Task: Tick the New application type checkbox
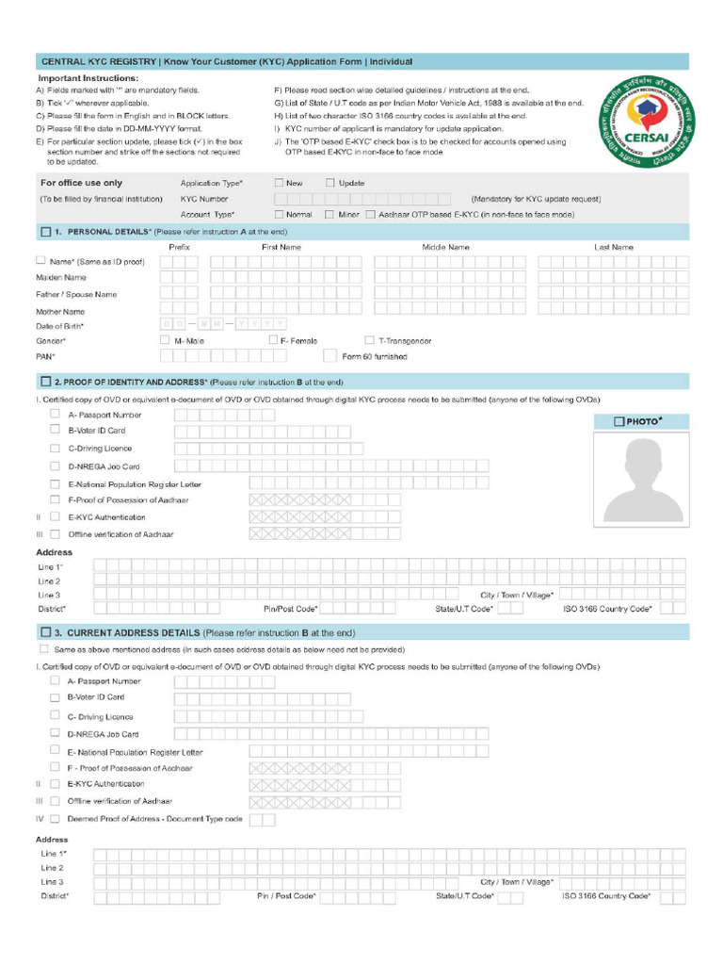point(280,183)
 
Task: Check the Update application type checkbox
point(330,183)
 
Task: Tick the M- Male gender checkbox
point(166,340)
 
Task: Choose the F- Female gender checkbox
point(274,340)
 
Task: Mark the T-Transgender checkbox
point(370,340)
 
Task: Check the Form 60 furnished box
point(329,356)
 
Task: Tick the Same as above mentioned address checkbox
point(44,649)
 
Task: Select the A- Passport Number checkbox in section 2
point(55,414)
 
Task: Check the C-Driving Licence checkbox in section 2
point(55,448)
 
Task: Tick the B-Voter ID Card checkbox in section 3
point(55,697)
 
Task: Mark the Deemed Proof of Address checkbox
point(55,819)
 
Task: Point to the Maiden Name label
point(61,278)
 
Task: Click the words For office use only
point(81,183)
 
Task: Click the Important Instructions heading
point(88,78)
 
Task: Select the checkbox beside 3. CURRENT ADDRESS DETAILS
point(45,632)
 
